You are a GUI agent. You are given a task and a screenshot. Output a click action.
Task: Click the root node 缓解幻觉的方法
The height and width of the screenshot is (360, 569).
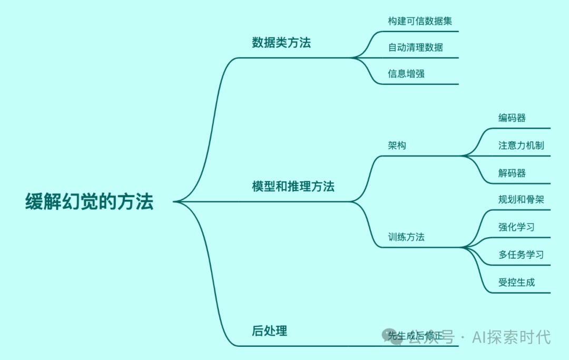coord(90,202)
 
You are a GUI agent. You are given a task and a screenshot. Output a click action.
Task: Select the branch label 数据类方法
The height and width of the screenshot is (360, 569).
coord(281,43)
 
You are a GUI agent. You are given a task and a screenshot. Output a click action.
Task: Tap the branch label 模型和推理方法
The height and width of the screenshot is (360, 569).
coord(293,186)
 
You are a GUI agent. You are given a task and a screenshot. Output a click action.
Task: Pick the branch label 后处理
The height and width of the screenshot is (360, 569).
coord(269,331)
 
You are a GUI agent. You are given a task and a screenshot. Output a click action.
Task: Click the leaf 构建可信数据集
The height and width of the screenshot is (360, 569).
coord(420,21)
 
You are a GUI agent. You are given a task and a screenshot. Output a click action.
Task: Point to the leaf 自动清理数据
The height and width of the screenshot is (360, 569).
coord(415,47)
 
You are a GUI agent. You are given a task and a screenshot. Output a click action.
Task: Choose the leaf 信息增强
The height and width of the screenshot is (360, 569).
coord(406,74)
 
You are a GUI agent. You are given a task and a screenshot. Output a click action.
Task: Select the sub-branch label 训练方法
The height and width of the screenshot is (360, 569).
coord(406,237)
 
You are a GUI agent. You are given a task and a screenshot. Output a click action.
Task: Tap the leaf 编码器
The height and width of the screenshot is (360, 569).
coord(512,118)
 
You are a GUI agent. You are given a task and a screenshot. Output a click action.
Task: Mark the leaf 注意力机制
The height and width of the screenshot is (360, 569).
coord(521,145)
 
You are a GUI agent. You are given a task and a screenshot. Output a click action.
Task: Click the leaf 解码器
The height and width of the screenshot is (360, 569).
coord(512,173)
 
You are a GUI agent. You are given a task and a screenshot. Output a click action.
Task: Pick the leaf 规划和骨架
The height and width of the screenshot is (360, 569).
coord(521,200)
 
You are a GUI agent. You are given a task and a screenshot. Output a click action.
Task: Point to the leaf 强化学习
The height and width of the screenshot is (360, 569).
coord(516,227)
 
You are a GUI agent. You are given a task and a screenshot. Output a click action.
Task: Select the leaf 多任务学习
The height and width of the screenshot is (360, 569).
coord(521,255)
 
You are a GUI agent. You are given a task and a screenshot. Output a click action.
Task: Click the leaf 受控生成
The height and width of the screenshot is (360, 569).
coord(516,282)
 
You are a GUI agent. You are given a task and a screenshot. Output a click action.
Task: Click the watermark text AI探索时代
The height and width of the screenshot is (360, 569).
coord(511,336)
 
